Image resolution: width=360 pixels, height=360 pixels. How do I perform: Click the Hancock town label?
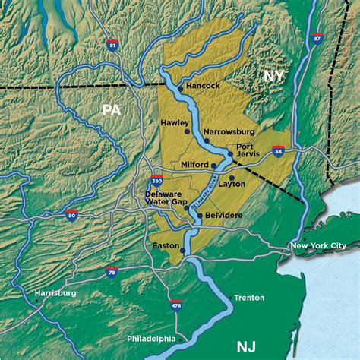coord(203,86)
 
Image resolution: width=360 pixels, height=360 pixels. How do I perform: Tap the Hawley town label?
coord(174,122)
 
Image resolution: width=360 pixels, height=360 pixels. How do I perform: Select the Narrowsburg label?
coord(229,131)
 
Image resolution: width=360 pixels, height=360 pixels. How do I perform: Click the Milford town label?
coord(194,164)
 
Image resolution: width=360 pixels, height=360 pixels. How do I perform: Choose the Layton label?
coord(232,183)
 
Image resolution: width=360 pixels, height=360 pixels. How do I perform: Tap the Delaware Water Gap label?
coord(165,198)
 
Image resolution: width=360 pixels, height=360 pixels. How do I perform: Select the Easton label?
coord(166,245)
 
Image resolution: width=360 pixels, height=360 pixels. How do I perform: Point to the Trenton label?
coord(249,298)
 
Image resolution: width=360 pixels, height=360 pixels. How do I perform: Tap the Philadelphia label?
coord(151,338)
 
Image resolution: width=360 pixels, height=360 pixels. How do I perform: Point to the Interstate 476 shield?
coord(176,305)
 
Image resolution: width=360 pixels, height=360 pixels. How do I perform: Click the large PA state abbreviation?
coord(112,110)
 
